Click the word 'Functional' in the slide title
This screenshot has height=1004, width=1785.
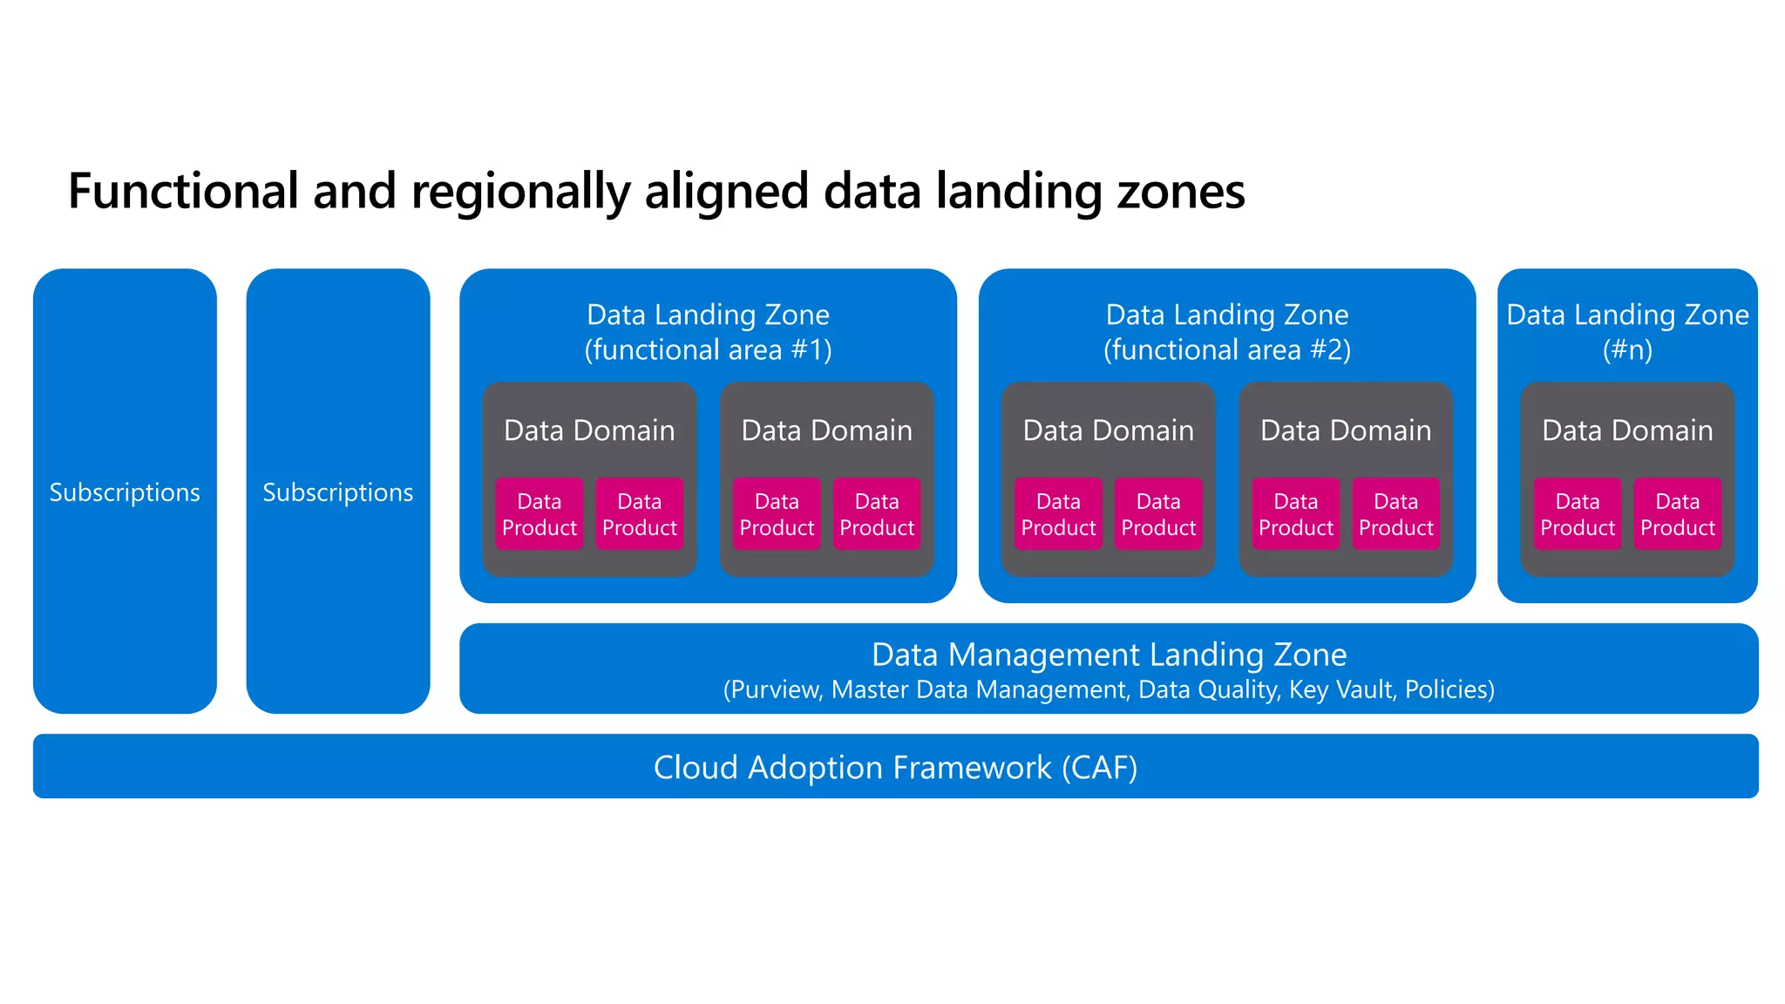pos(183,191)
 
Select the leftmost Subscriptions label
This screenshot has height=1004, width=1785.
pos(125,492)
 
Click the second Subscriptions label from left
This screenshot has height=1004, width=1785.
pos(338,492)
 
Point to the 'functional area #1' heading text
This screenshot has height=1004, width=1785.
pos(708,349)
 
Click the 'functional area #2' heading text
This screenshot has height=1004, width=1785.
pos(1226,349)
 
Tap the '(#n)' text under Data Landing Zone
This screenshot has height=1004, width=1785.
pos(1627,349)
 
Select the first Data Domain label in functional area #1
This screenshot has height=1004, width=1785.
pos(589,431)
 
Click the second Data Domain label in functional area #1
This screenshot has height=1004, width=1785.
pos(826,431)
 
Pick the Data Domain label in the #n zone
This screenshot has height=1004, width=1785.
pos(1627,431)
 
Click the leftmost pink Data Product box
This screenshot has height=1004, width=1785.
pos(540,514)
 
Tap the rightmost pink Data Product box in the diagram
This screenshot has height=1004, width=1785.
pos(1677,514)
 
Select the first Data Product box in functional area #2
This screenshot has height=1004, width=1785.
pos(1058,514)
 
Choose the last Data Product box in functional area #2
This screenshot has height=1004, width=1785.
pos(1395,514)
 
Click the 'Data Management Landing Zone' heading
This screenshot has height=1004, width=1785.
pos(1109,655)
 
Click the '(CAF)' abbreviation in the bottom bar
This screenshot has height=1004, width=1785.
pos(1099,768)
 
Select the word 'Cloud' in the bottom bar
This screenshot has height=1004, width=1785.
pos(696,768)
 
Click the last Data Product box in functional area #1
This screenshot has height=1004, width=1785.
pos(877,514)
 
